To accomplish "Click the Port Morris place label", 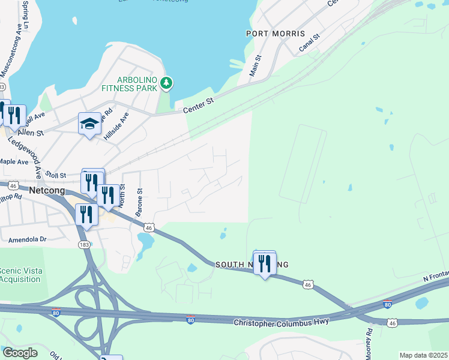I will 276,34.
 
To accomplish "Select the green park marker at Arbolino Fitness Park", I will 169,83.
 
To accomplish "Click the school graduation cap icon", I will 89,124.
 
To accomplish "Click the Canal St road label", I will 310,43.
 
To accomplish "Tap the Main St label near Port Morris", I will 256,65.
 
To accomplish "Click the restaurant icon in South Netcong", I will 264,263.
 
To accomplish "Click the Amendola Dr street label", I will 27,239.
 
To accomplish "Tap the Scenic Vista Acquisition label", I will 21,275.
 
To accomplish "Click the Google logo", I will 20,353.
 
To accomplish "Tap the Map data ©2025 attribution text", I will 423,355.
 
